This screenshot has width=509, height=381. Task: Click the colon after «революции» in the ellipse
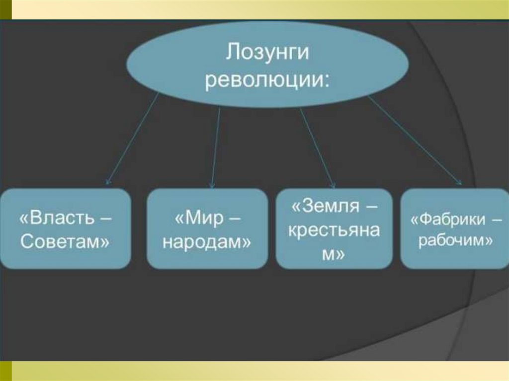pos(327,80)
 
